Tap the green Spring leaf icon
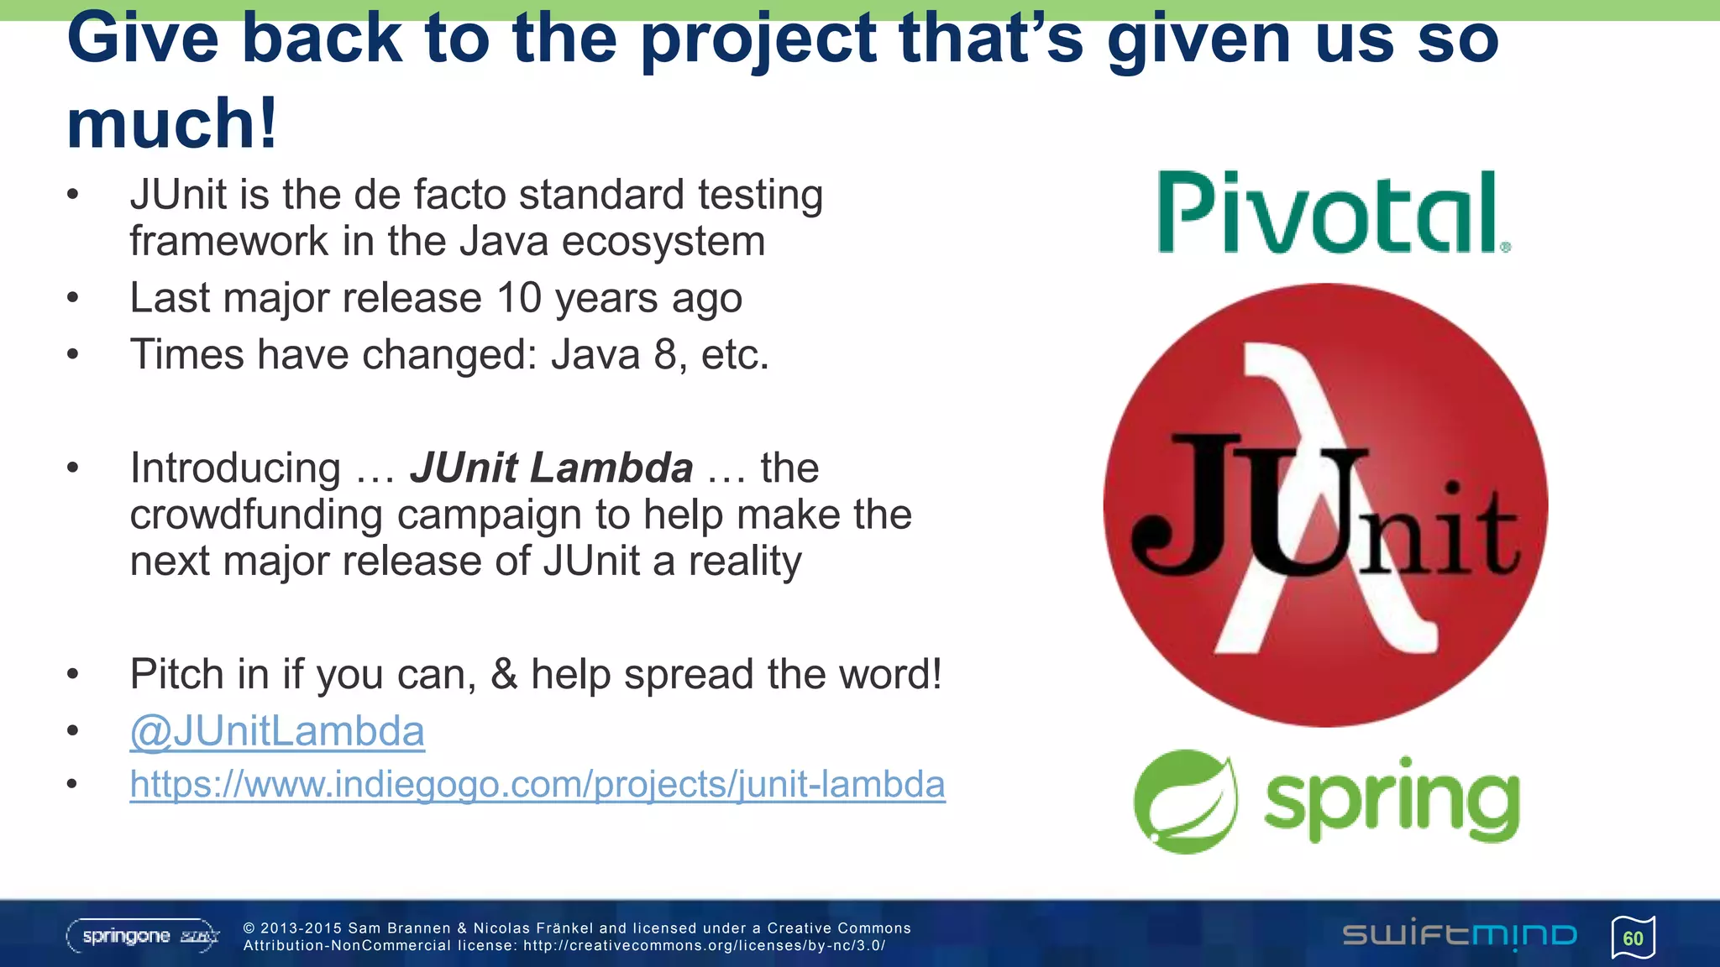[1184, 802]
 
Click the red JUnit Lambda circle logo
[1325, 505]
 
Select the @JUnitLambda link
[277, 731]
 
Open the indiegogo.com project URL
[537, 785]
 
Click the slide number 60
[1633, 938]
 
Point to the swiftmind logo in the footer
[1460, 935]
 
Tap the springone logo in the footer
[143, 936]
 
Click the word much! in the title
[172, 123]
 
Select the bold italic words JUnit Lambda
[552, 468]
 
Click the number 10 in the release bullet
[519, 298]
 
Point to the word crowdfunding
[255, 515]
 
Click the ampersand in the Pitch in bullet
[504, 674]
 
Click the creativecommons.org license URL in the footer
[704, 946]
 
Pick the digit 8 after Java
[665, 354]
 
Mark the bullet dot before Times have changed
[73, 355]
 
